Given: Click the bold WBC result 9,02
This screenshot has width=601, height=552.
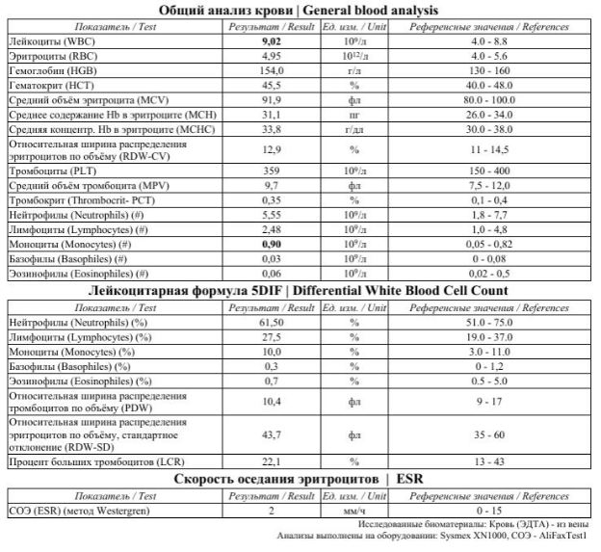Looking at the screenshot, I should click(x=273, y=42).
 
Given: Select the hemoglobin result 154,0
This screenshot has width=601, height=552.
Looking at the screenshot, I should click(x=273, y=71).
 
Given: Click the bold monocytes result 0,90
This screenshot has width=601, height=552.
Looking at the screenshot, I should click(x=273, y=246).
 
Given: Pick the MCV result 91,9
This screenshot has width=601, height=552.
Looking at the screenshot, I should click(x=273, y=100).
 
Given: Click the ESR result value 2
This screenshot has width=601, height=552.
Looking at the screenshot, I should click(x=273, y=510).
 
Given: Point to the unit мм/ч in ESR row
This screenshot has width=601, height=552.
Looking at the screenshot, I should click(x=353, y=510).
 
